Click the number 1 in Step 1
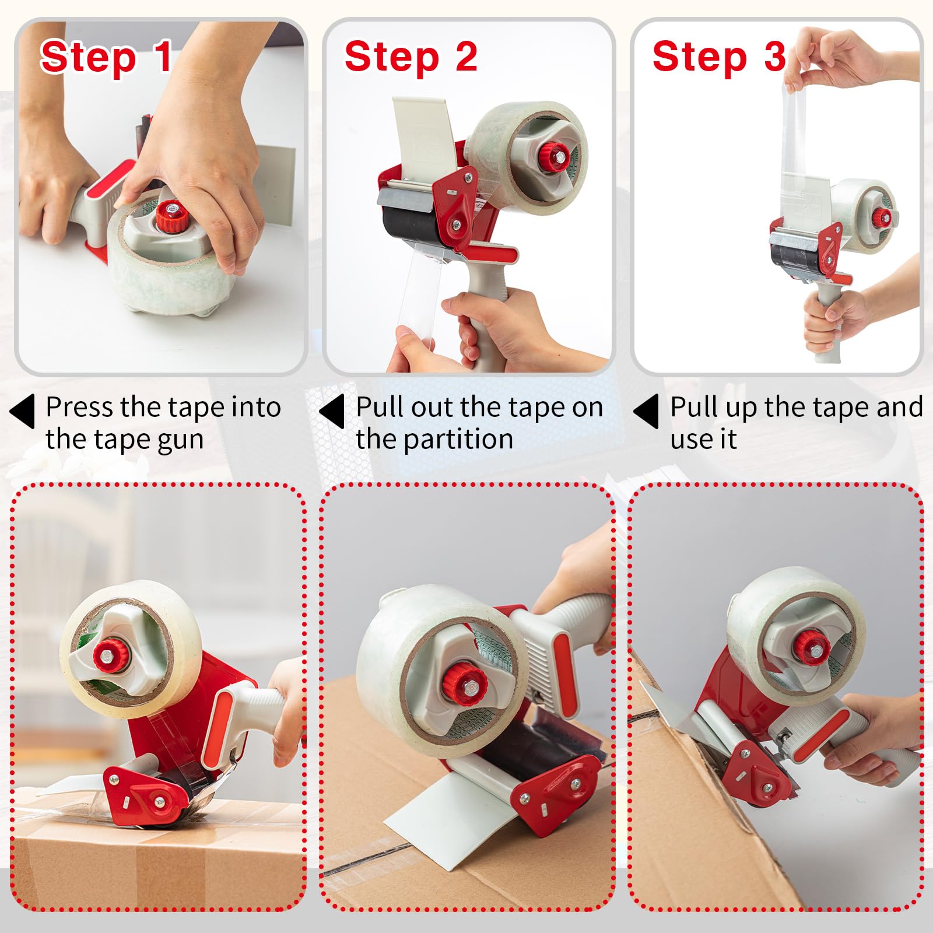click(162, 57)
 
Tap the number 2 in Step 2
click(466, 57)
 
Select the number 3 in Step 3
click(775, 57)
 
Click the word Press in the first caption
click(80, 407)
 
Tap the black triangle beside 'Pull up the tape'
click(647, 411)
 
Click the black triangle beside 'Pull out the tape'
click(332, 411)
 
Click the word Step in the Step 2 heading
click(391, 57)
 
